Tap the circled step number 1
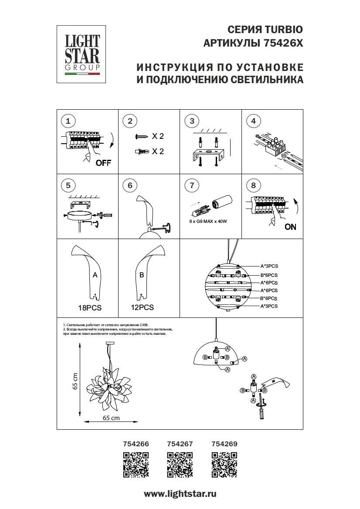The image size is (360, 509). tap(68, 121)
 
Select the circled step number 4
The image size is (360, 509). tap(253, 121)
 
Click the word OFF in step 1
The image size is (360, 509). tap(103, 163)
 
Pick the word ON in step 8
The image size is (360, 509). tap(290, 227)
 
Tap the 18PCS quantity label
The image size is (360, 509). tap(89, 307)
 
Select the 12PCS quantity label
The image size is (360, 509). tap(142, 307)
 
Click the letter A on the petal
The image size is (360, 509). tap(95, 275)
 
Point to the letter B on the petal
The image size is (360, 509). tap(141, 275)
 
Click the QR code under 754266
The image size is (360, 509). tap(136, 465)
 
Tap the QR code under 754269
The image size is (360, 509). tap(224, 465)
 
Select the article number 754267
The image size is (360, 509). tap(180, 444)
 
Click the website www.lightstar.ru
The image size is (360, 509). tap(180, 494)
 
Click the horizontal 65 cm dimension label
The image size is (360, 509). tap(111, 418)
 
